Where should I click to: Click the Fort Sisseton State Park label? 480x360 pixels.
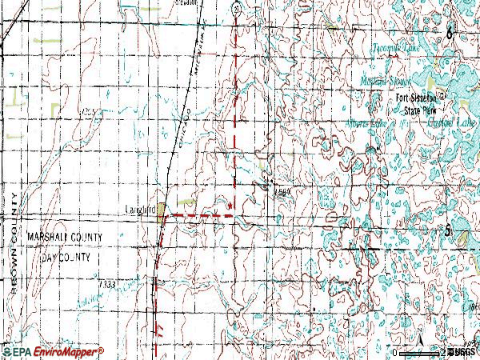[422, 101]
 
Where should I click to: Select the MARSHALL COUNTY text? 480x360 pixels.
[63, 238]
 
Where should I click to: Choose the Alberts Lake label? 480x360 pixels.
[366, 123]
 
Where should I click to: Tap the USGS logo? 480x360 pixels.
[462, 352]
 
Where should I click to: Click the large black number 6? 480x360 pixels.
[450, 33]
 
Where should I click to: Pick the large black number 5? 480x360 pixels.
[449, 230]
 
